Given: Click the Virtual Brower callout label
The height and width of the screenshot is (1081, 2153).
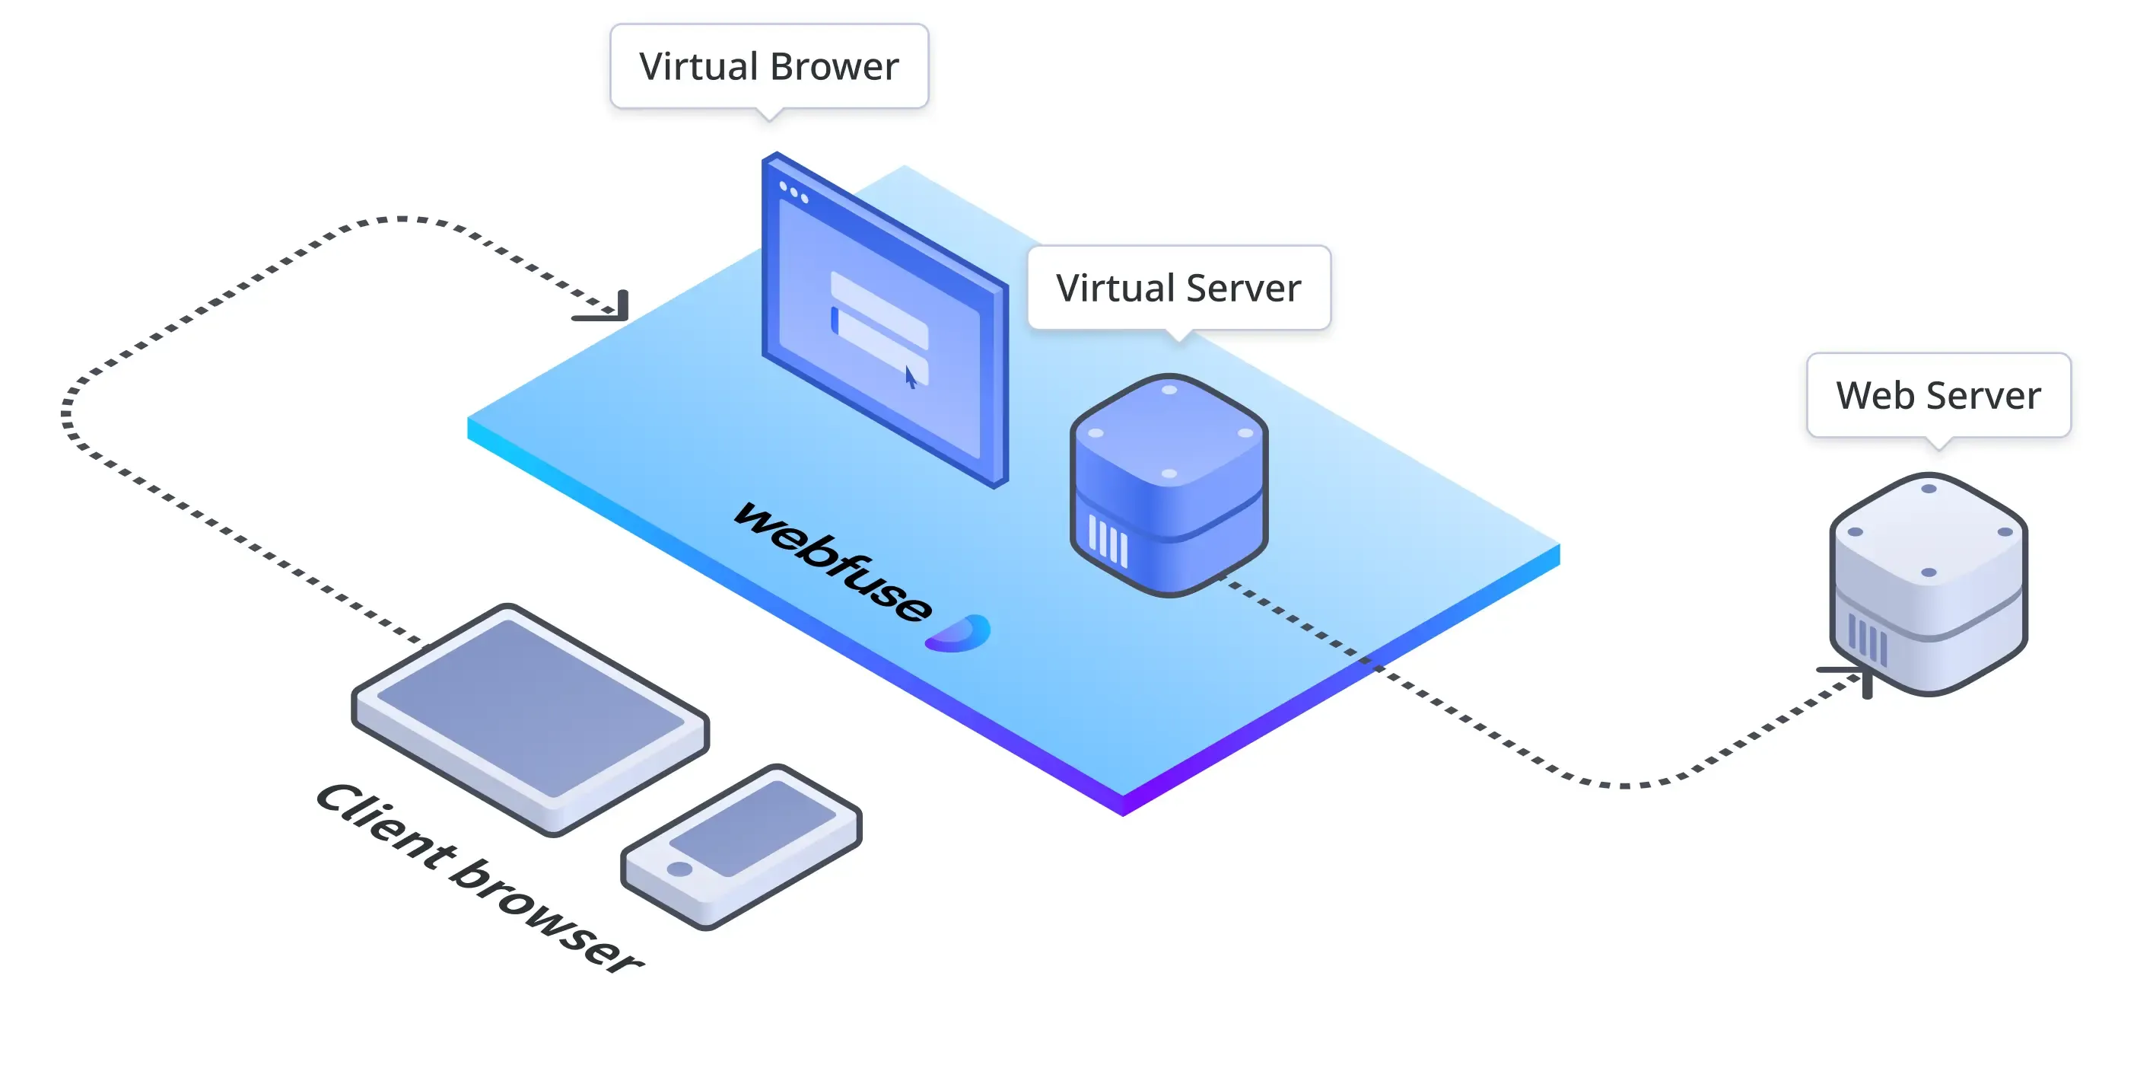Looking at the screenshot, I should (x=768, y=66).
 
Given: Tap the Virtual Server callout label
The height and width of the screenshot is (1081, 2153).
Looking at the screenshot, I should (x=1178, y=288).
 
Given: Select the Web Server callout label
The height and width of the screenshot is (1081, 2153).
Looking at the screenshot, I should (x=1938, y=395).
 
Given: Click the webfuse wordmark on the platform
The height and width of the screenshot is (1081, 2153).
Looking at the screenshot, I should (x=832, y=561).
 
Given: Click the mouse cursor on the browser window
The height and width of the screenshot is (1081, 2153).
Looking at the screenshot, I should (x=910, y=377).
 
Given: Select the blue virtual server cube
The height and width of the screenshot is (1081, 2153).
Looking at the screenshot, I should (x=1169, y=485).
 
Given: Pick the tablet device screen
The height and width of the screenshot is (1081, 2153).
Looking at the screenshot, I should (x=531, y=707).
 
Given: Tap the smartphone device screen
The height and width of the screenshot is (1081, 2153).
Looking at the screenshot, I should (x=752, y=827).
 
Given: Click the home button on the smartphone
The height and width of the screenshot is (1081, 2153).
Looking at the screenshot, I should (x=679, y=869).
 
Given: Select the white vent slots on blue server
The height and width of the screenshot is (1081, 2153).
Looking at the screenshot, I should (x=1108, y=541).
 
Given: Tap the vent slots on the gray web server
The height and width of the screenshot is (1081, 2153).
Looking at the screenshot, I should (x=1866, y=640).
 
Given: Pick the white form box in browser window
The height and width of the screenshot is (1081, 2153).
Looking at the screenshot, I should (x=879, y=322).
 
